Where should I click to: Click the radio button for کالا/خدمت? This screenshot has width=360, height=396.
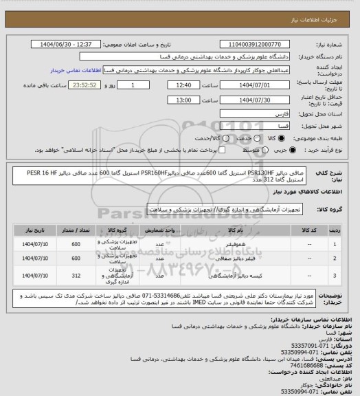pos(194,138)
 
